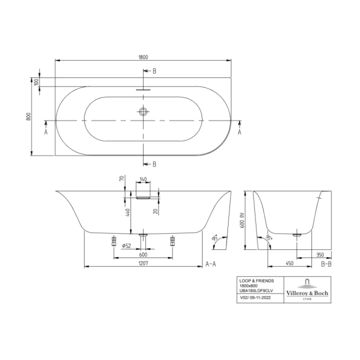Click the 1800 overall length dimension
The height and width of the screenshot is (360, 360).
(143, 57)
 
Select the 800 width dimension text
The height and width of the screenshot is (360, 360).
(28, 116)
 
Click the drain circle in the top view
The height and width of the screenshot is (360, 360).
(143, 111)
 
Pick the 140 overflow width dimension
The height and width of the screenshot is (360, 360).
(143, 179)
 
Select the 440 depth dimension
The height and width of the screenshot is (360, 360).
(128, 212)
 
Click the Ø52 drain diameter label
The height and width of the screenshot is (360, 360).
(126, 245)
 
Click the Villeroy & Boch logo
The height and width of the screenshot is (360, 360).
(307, 289)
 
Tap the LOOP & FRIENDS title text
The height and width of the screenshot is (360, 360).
(256, 281)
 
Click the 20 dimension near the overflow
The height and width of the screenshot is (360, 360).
(156, 211)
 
